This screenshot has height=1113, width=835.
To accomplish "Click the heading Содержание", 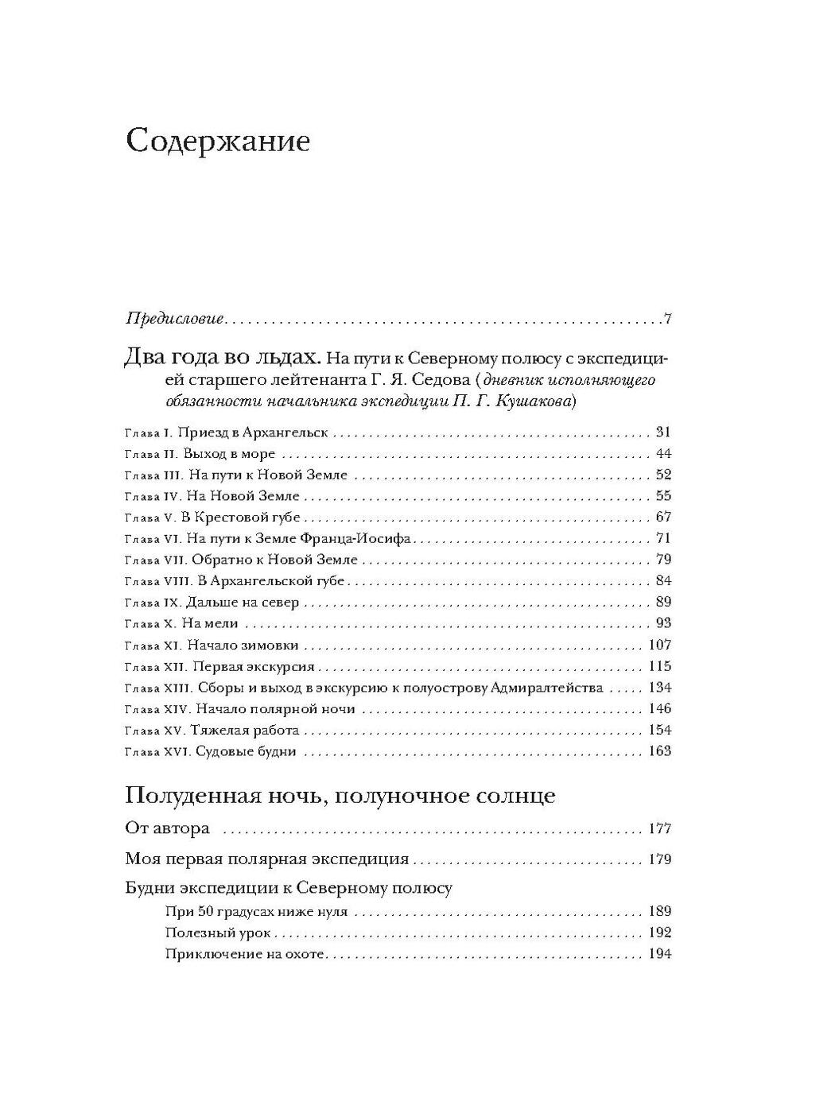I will point(217,142).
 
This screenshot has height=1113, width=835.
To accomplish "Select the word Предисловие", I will point(175,320).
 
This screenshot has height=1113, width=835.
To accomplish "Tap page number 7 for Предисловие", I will point(668,320).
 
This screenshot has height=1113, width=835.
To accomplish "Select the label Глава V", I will point(150,518).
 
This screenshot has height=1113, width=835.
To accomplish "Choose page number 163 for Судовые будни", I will point(659,751).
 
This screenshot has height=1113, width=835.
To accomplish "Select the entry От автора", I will point(168,828).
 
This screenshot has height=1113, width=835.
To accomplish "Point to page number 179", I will point(659,859).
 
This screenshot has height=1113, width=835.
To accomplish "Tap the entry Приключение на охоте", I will point(244,954).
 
